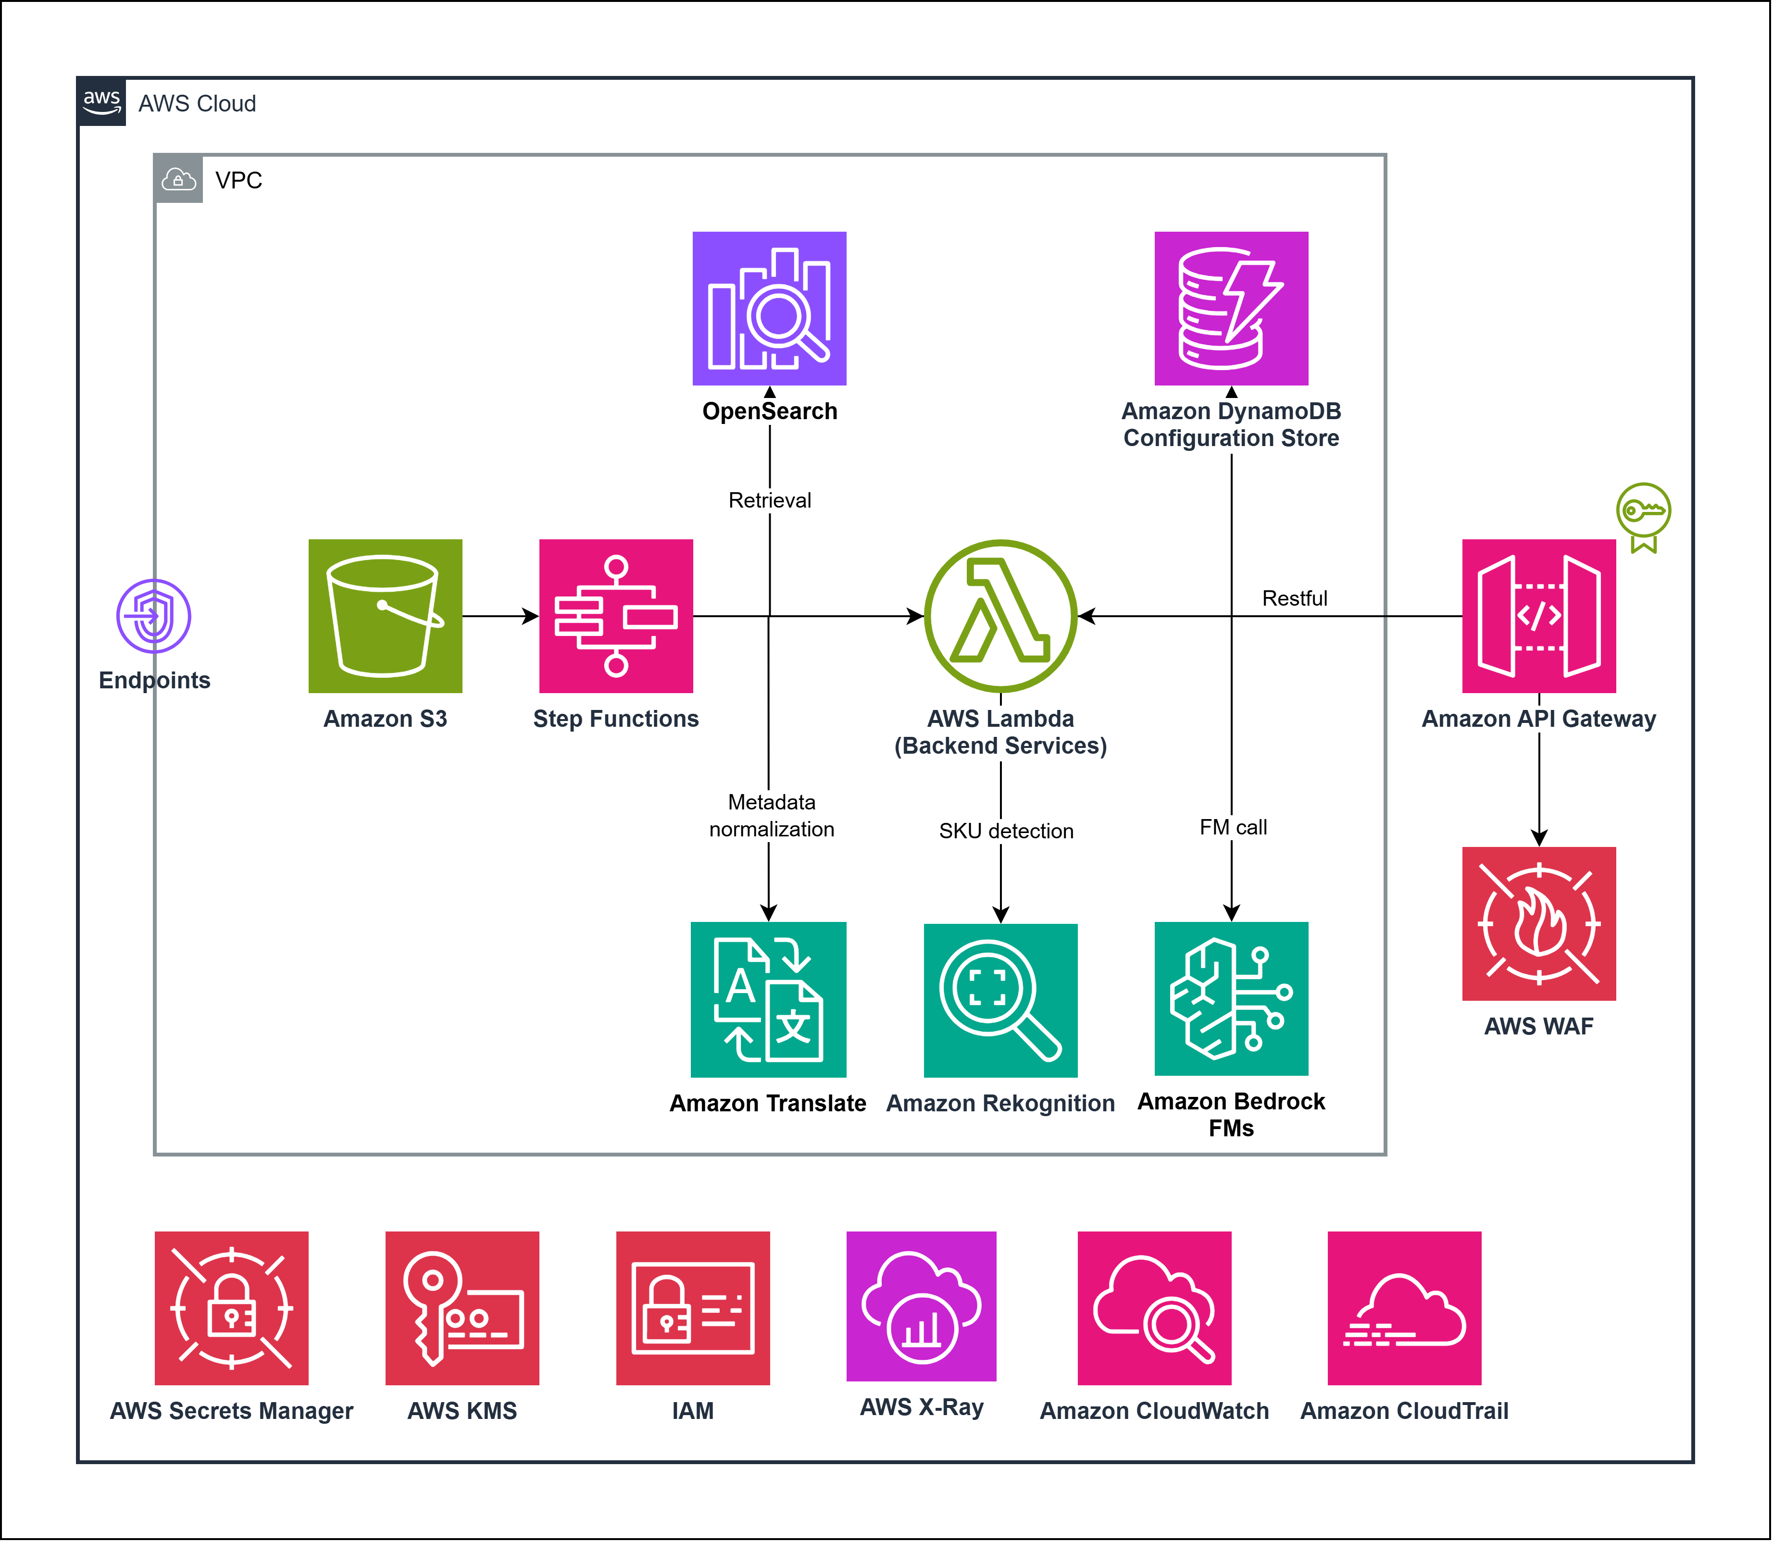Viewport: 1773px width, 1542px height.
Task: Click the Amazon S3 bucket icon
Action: click(385, 616)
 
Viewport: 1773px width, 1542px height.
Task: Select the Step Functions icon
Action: click(615, 616)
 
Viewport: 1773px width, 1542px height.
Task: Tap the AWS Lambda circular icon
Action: click(1000, 616)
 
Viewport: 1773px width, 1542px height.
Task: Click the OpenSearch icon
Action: click(770, 308)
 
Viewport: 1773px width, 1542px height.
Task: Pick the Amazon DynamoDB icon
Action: click(1231, 308)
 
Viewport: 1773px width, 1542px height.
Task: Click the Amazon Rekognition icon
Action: click(1000, 1000)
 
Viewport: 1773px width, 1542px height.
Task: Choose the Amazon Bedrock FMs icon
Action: click(1231, 998)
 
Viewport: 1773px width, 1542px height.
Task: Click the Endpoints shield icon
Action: click(154, 616)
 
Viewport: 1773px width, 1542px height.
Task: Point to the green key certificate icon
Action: click(1643, 516)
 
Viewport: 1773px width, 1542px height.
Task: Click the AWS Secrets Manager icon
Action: click(232, 1308)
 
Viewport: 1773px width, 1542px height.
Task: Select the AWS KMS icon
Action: click(462, 1308)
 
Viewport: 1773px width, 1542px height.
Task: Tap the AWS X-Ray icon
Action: click(921, 1306)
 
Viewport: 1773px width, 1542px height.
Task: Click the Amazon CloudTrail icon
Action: click(1404, 1308)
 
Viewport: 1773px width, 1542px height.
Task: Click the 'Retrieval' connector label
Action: click(770, 500)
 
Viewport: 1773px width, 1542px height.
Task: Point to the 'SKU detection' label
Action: click(1005, 831)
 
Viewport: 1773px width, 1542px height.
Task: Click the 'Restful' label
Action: click(1294, 598)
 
